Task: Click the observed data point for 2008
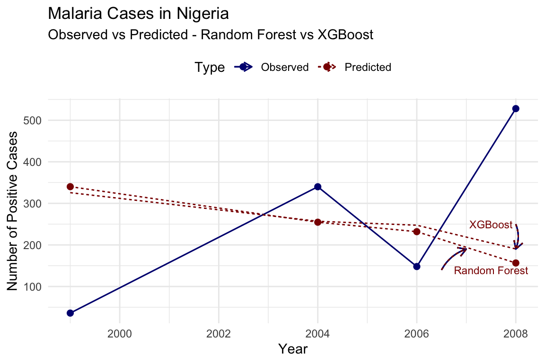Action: pos(516,109)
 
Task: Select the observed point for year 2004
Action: pos(318,187)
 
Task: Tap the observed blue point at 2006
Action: pos(417,267)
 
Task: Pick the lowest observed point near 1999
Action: pos(70,313)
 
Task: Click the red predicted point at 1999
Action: pos(70,187)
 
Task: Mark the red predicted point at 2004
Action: pos(318,222)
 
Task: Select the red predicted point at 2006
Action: pos(417,232)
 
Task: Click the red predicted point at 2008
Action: pos(516,263)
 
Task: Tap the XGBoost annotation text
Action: pos(491,225)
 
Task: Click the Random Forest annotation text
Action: pos(491,271)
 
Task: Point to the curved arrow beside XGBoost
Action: pos(518,237)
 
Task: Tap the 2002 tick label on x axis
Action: pos(219,333)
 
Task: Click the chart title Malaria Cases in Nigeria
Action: pos(139,14)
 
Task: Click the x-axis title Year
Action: pos(293,349)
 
